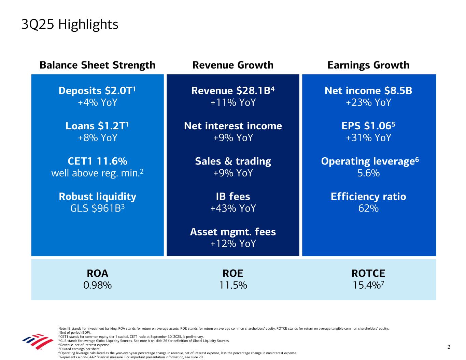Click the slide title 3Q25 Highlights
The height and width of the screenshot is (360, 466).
click(x=70, y=25)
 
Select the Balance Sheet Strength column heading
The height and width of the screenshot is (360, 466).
click(x=97, y=65)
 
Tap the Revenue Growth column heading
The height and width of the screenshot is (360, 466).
click(x=233, y=65)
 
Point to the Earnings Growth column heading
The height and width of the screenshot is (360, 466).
click(x=368, y=65)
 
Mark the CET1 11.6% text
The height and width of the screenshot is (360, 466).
click(x=97, y=161)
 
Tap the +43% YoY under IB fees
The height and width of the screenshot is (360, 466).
click(x=233, y=208)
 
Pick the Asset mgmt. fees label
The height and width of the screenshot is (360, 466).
click(x=233, y=232)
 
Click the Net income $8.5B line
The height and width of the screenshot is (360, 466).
click(x=368, y=90)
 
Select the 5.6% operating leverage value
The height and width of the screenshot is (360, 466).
click(x=368, y=173)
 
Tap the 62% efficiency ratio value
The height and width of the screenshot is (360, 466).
click(x=368, y=208)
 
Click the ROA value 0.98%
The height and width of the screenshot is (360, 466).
click(x=97, y=285)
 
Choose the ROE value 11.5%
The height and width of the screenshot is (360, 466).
click(x=233, y=285)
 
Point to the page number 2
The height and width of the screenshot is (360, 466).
click(x=449, y=347)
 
